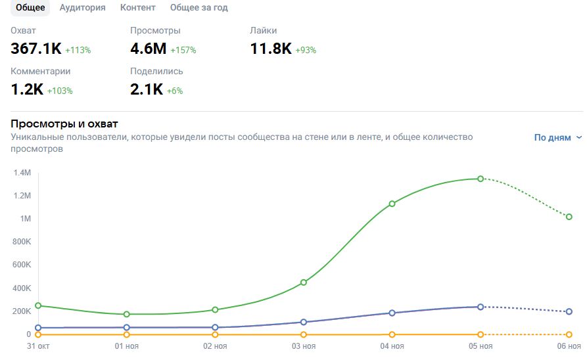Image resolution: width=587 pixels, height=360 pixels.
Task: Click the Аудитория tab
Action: pyautogui.click(x=82, y=8)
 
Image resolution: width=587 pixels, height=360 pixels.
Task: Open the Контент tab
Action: pyautogui.click(x=138, y=8)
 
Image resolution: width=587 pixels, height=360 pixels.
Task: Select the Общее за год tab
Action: pyautogui.click(x=199, y=8)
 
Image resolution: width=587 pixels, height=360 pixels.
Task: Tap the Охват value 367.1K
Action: pyautogui.click(x=36, y=49)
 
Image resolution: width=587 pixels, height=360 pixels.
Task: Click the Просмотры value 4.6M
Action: pyautogui.click(x=149, y=49)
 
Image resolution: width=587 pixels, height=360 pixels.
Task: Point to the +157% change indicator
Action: pyautogui.click(x=183, y=50)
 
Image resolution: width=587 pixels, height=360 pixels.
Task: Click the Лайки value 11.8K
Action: pyautogui.click(x=271, y=49)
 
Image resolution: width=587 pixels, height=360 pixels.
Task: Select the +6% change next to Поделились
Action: pyautogui.click(x=175, y=91)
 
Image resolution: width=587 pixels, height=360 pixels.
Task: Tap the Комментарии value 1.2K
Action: pyautogui.click(x=27, y=90)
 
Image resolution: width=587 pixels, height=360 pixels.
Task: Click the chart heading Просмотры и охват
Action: pyautogui.click(x=64, y=124)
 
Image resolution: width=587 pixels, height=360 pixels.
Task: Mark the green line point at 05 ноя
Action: pyautogui.click(x=481, y=179)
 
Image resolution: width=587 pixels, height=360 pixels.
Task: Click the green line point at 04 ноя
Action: pyautogui.click(x=392, y=204)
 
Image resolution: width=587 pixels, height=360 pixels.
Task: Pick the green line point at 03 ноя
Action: pyautogui.click(x=304, y=282)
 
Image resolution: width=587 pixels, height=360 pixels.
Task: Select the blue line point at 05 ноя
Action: pyautogui.click(x=481, y=307)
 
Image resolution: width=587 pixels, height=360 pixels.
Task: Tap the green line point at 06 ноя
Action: pyautogui.click(x=569, y=217)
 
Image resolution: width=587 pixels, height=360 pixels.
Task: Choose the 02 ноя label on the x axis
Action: pyautogui.click(x=215, y=346)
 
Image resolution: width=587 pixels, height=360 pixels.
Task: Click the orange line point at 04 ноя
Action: pyautogui.click(x=392, y=334)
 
